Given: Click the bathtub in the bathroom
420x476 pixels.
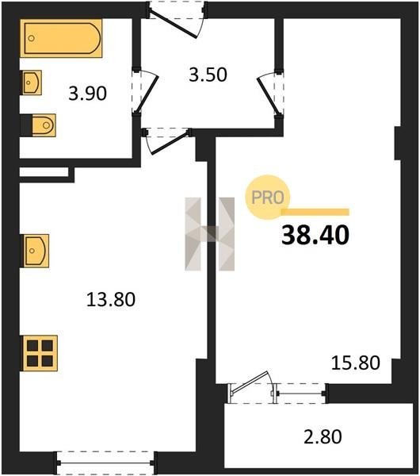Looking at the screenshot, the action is coord(61,38).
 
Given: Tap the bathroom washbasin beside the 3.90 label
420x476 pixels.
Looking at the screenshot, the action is coord(31,83).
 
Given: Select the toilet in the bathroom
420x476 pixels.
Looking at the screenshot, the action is coord(44,125).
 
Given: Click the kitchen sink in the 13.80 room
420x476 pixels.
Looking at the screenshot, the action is coord(35,251).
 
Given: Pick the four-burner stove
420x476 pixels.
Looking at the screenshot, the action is coord(40,353).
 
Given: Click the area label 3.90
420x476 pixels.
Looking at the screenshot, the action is coord(88,93).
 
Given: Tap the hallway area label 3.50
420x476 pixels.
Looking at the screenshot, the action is coord(208,75).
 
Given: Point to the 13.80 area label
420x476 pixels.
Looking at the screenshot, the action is coord(111,299).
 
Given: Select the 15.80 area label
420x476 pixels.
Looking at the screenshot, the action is coord(355,363).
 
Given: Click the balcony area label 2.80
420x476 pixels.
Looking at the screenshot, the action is coord(323,436).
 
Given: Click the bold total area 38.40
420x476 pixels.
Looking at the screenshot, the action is coord(315,236).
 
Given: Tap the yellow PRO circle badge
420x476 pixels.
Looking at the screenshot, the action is coord(268,198).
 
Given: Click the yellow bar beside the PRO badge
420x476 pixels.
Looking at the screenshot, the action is coord(315,212).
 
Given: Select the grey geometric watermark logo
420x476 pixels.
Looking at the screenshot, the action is coord(209,234).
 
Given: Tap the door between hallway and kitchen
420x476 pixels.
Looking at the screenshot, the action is coord(170,144).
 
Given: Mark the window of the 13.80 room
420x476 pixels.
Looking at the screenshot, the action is coord(105,463).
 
